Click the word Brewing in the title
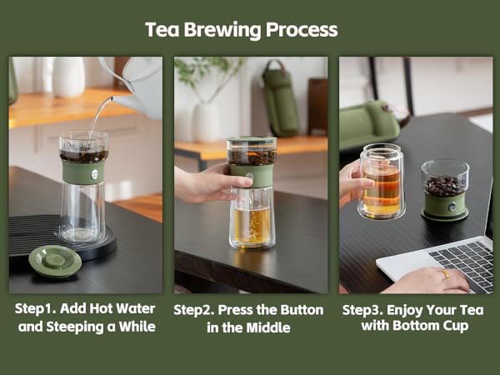218,30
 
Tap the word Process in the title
302,30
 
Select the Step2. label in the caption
197,309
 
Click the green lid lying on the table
55,261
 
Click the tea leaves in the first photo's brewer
83,155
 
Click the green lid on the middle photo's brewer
251,142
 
